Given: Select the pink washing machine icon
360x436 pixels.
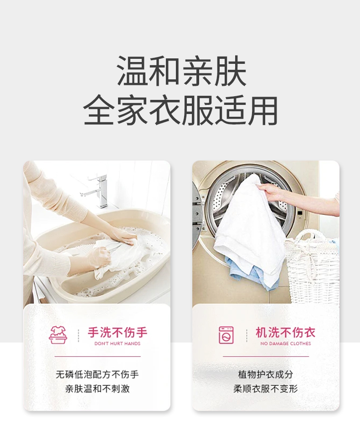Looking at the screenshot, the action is (226, 335).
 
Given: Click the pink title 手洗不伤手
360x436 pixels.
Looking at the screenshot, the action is (118, 332).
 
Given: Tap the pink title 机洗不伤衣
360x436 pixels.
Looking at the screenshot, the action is (286, 332).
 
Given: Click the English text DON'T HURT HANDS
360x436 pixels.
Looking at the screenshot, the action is (118, 344).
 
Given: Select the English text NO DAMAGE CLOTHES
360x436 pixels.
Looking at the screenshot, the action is (286, 344).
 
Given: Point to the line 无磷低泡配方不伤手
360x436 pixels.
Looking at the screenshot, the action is (97, 374).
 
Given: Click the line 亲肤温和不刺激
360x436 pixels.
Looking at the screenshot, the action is (97, 389).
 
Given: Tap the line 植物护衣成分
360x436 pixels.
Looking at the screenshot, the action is (266, 374).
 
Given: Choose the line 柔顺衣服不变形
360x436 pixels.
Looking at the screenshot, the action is (266, 389).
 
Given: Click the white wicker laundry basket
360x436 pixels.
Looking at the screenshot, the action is (313, 267).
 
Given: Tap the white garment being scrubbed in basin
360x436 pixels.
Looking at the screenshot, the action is (117, 257).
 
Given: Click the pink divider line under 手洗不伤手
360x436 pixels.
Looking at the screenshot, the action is (98, 356).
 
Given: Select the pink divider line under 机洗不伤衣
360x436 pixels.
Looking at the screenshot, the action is (266, 356).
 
